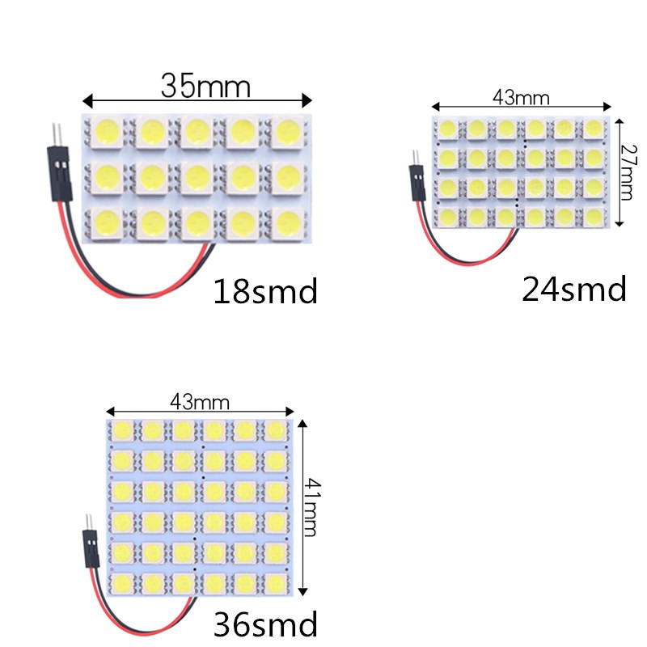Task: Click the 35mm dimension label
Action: pyautogui.click(x=205, y=85)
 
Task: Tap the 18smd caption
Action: pyautogui.click(x=265, y=291)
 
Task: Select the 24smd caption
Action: pyautogui.click(x=574, y=289)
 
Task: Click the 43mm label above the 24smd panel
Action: pyautogui.click(x=521, y=98)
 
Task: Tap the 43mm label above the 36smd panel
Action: pyautogui.click(x=200, y=401)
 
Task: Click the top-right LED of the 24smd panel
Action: pyautogui.click(x=594, y=128)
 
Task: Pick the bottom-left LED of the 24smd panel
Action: pyautogui.click(x=447, y=216)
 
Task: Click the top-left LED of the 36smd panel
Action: pyautogui.click(x=123, y=429)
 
